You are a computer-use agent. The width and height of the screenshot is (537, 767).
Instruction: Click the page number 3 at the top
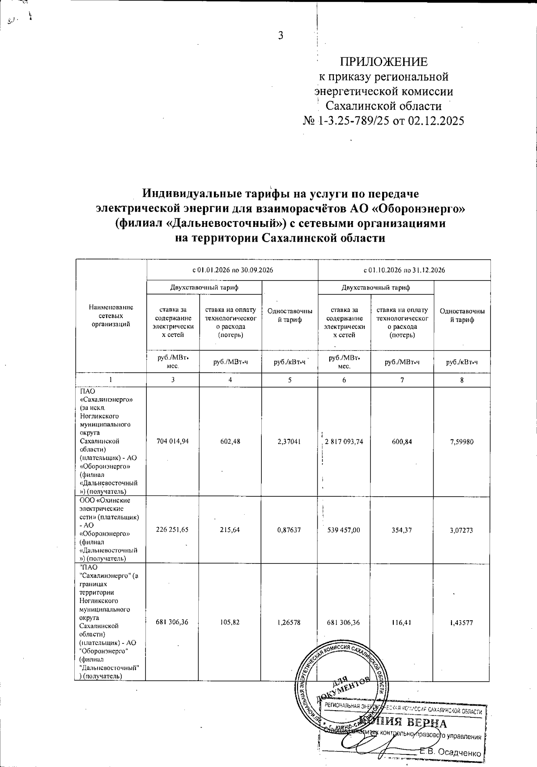(281, 36)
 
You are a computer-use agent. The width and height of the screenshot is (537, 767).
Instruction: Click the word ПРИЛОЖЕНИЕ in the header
(384, 62)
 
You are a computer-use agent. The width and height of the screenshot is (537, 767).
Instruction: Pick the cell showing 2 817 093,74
(344, 442)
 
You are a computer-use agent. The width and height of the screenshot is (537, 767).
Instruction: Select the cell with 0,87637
(289, 530)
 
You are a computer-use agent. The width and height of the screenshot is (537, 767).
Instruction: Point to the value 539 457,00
(344, 530)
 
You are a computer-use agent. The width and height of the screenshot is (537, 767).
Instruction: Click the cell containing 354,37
(402, 530)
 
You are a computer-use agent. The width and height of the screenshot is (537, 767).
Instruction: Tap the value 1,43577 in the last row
(461, 622)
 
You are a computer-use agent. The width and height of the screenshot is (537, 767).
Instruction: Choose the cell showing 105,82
(230, 622)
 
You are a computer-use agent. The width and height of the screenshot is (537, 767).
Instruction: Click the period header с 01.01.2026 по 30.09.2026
(233, 270)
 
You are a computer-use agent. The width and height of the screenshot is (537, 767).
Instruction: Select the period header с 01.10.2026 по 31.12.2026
(404, 270)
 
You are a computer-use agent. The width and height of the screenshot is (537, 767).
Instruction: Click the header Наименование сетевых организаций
(111, 315)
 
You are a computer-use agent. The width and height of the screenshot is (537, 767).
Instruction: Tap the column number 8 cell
(461, 380)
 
